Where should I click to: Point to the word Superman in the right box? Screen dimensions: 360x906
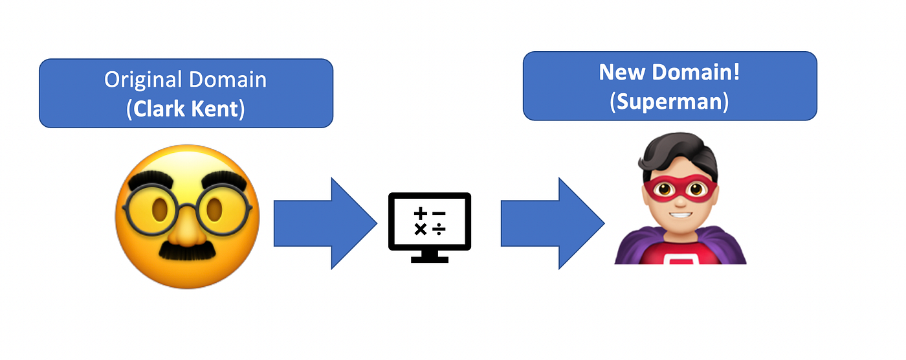click(x=670, y=102)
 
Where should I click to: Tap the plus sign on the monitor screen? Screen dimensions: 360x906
click(x=421, y=213)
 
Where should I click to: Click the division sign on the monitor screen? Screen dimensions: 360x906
click(x=439, y=229)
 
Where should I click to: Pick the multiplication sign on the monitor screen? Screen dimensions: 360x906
click(x=421, y=229)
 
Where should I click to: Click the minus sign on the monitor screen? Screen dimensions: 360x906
click(x=439, y=213)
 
